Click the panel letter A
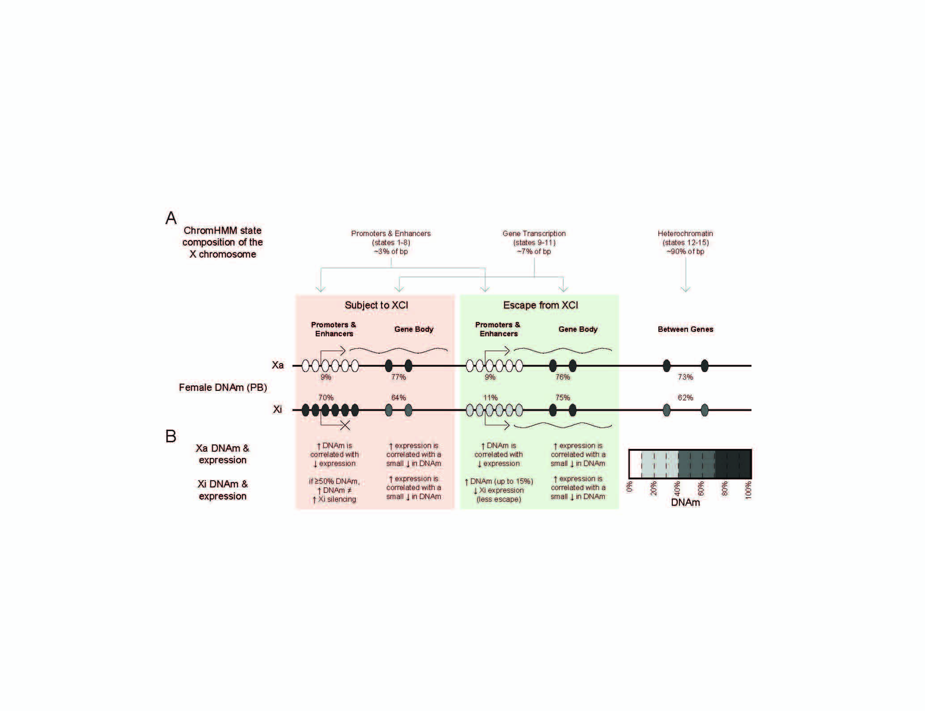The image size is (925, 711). point(171,218)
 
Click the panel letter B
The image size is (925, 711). point(171,436)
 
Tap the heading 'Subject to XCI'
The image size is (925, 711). point(376,305)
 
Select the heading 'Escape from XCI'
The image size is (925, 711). point(540,305)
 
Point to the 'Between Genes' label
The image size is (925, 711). point(685,329)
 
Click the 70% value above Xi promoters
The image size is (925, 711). point(326,398)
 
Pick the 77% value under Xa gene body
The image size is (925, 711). point(398,377)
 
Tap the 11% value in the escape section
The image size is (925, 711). point(490,398)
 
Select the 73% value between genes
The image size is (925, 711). point(685,377)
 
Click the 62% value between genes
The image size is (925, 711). point(685,398)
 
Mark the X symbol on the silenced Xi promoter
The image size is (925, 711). point(345,425)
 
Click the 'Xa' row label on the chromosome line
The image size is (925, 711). point(278,365)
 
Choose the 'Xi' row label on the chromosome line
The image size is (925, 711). point(277,409)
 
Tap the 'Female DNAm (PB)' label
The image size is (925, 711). point(223,387)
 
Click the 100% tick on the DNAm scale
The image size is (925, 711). point(748,490)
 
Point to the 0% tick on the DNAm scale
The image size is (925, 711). point(629,487)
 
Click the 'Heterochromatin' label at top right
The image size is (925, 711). point(685,233)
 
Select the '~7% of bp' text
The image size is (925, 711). point(534,251)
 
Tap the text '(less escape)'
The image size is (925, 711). point(499,499)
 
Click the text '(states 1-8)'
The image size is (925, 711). point(391,242)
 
